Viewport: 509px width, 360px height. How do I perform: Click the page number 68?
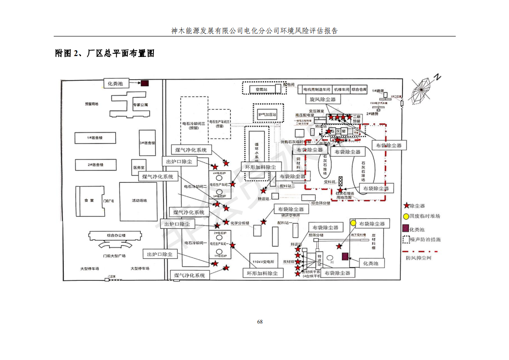260,322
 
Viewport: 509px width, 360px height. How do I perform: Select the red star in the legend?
406,206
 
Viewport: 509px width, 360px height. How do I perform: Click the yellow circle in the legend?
406,216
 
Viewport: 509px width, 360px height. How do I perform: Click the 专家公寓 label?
140,105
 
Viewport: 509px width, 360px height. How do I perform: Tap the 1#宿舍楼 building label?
95,137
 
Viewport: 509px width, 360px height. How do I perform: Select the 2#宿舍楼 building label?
95,165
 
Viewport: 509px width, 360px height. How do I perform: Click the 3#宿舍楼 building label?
147,143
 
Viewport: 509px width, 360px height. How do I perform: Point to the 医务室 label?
139,167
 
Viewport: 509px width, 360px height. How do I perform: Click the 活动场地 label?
139,200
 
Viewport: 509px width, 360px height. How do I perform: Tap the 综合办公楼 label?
116,235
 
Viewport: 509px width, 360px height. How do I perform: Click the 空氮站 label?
261,89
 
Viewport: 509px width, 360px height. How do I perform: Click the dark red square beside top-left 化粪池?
144,83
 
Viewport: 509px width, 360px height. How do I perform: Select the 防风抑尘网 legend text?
418,258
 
